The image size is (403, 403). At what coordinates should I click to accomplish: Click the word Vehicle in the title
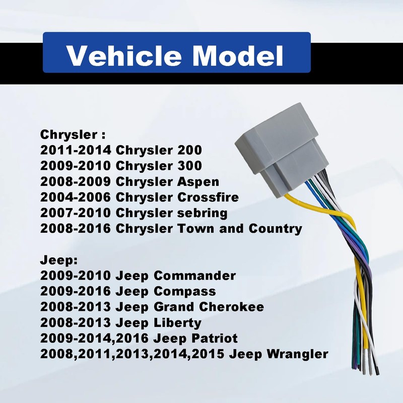124,56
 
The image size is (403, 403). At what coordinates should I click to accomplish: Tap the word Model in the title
238,56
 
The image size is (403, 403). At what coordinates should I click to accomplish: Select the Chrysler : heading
73,135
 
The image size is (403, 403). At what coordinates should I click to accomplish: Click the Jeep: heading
59,260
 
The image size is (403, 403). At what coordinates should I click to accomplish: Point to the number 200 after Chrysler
189,150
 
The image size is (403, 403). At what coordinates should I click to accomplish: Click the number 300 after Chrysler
189,166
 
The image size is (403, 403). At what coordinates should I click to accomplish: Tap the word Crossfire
208,197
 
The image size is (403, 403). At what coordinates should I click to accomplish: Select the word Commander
195,276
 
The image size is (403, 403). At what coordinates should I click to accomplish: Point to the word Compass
185,292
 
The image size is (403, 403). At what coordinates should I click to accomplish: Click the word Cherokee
231,307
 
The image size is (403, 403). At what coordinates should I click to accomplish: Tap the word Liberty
178,323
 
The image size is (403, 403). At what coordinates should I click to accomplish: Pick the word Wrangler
297,355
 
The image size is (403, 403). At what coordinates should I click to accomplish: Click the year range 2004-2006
75,197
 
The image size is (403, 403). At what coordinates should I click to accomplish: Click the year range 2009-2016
75,292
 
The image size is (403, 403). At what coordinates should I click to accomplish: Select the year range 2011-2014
75,150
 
